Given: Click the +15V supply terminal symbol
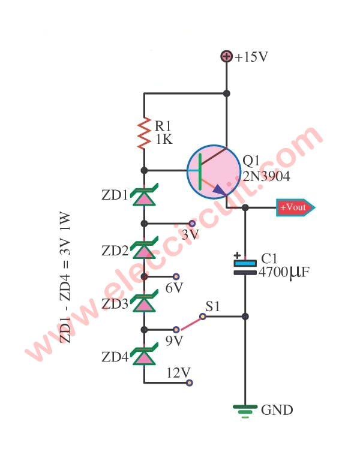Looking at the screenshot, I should (x=227, y=57).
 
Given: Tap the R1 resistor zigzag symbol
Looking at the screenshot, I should (x=144, y=134).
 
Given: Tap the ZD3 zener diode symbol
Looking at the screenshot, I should (x=144, y=303).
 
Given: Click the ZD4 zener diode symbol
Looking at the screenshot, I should (x=144, y=357).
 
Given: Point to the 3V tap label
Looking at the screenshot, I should (x=190, y=235).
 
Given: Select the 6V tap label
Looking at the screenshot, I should (x=174, y=288).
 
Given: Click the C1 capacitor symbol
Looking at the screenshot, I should (x=245, y=267).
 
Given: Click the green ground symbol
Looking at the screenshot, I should (x=245, y=410).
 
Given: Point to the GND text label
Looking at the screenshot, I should (x=277, y=411).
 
